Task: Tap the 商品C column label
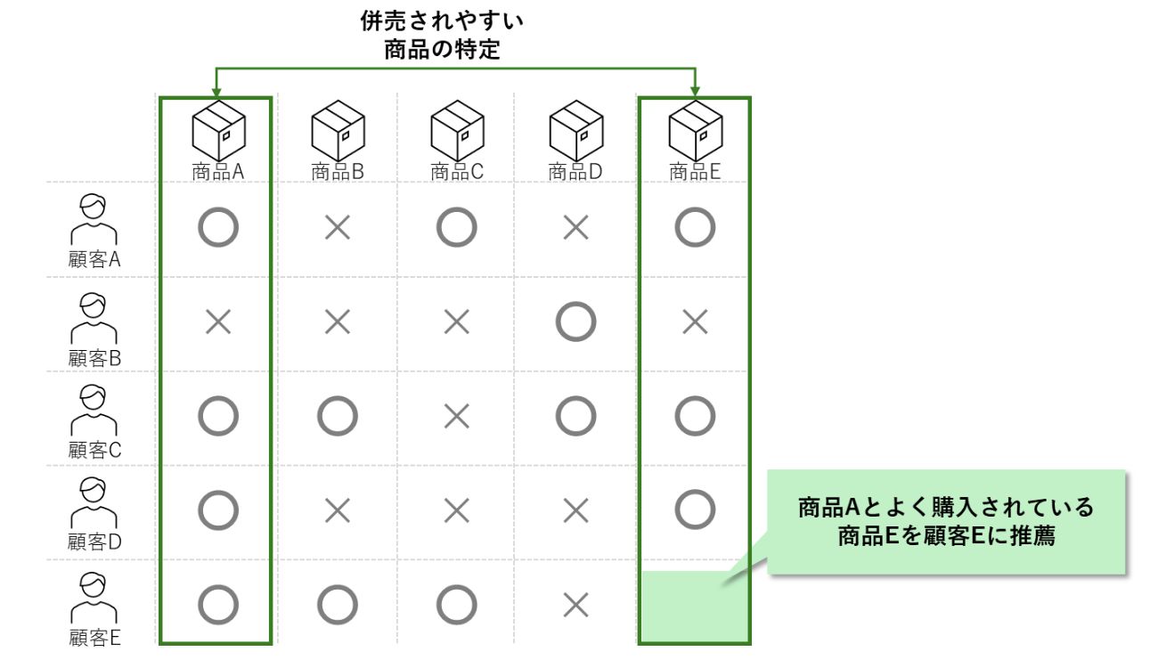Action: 456,172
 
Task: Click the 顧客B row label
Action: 94,358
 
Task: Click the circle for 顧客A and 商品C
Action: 456,228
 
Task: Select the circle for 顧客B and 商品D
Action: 575,322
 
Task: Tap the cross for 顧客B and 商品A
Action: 218,322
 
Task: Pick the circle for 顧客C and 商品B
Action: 338,416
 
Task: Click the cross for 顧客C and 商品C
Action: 456,416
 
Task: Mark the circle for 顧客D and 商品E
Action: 695,509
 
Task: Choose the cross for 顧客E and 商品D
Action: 575,605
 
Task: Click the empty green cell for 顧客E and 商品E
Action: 695,607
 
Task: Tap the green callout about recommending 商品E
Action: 946,522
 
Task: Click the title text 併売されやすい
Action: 442,19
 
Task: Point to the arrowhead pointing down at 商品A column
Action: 216,92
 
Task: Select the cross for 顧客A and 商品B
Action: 338,228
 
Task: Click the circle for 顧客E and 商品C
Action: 456,605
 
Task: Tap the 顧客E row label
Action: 94,638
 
